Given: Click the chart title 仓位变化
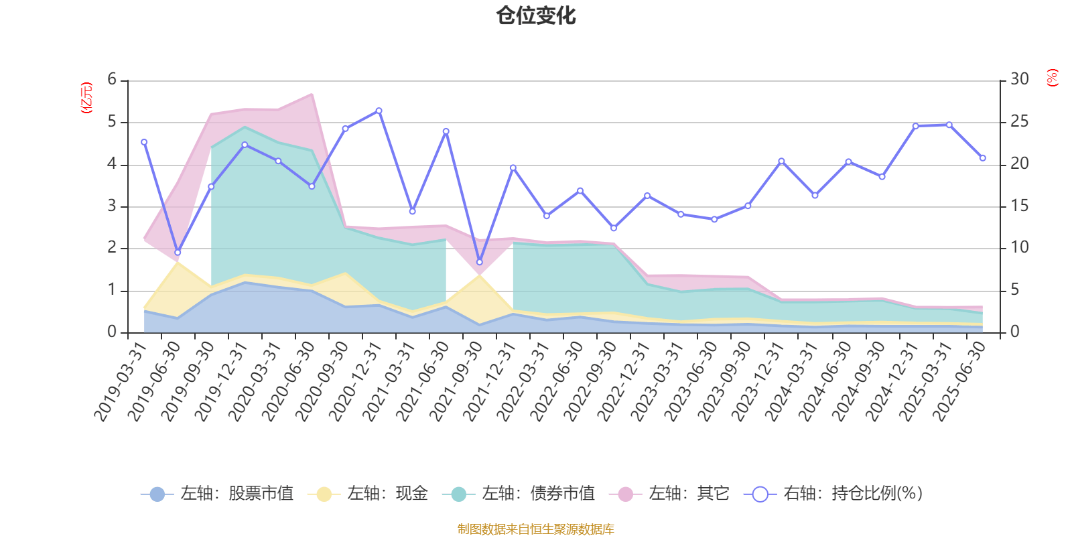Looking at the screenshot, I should [x=536, y=16].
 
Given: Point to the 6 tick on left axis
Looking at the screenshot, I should [x=112, y=80].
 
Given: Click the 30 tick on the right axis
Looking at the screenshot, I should [x=1020, y=80].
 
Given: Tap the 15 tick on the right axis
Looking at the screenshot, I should [x=1020, y=206].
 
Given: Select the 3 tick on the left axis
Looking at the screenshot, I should [x=112, y=206].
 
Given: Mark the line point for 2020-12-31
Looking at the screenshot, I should [x=379, y=111].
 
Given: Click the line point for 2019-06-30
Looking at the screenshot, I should [x=178, y=253].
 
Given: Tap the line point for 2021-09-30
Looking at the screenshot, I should [x=479, y=262].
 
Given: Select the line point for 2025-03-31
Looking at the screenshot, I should [x=949, y=125].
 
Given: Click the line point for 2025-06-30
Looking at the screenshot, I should [x=982, y=158].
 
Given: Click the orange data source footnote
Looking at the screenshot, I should [x=535, y=529].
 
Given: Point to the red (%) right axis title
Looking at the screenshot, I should [x=1053, y=78].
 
